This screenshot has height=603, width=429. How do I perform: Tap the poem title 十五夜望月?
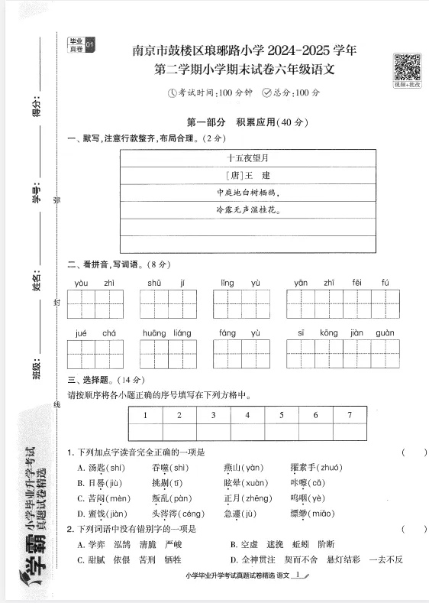(x=248, y=158)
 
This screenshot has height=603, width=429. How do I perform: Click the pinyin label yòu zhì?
(x=95, y=283)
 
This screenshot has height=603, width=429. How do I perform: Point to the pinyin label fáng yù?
(x=240, y=333)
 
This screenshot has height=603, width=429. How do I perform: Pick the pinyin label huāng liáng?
(x=166, y=333)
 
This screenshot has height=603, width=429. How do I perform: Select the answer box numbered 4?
(x=247, y=415)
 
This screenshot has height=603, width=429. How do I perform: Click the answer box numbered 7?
(x=350, y=415)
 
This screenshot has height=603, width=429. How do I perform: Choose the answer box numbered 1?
(x=144, y=415)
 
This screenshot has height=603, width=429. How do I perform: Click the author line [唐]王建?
(x=248, y=175)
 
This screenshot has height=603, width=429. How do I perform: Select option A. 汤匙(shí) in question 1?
(x=101, y=467)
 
